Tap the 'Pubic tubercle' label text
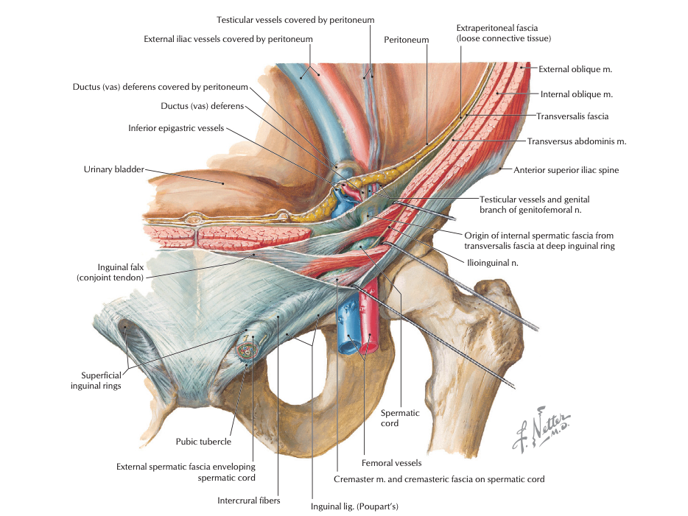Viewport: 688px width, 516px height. [x=203, y=442]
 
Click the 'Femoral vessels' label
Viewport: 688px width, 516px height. [x=391, y=463]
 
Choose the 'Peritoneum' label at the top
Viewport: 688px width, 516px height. [x=406, y=40]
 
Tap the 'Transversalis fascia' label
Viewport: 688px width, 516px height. [x=572, y=116]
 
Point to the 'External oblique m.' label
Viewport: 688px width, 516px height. [x=575, y=69]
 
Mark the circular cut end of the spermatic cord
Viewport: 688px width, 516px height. [x=245, y=348]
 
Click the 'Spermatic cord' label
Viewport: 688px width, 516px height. [x=400, y=418]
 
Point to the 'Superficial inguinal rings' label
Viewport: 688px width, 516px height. [x=96, y=381]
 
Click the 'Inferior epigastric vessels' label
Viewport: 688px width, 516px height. [x=175, y=128]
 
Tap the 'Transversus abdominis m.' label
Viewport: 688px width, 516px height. [x=577, y=141]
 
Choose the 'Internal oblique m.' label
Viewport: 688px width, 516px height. [x=577, y=94]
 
